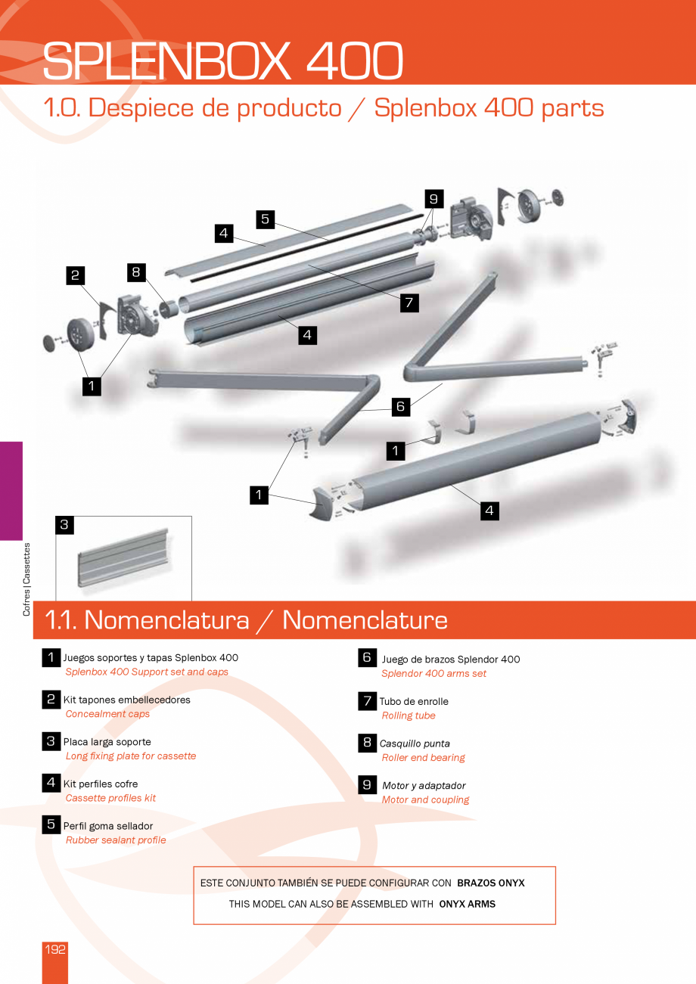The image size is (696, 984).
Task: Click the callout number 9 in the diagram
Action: click(433, 199)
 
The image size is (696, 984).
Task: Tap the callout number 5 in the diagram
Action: click(266, 219)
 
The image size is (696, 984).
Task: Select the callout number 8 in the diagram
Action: click(136, 272)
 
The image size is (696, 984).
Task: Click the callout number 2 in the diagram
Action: click(75, 275)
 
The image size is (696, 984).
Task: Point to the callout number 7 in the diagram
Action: click(409, 303)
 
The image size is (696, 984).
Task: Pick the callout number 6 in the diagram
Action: click(401, 407)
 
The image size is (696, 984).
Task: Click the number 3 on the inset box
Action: click(64, 525)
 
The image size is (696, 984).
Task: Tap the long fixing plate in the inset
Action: click(123, 557)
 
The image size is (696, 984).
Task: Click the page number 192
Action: click(55, 949)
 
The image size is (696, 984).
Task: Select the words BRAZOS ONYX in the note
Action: click(491, 883)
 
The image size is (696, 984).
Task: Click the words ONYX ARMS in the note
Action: click(467, 904)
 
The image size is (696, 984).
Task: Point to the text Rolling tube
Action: click(409, 715)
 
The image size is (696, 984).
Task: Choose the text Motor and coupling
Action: click(425, 799)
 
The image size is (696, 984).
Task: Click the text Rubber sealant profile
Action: click(116, 840)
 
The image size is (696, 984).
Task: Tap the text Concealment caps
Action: click(107, 714)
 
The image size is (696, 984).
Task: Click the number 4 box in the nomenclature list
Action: click(51, 782)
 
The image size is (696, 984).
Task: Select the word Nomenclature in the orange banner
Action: click(365, 620)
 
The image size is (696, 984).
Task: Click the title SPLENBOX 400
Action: click(222, 61)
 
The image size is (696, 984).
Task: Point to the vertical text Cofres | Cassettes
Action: click(26, 579)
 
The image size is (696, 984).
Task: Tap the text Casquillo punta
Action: click(415, 743)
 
